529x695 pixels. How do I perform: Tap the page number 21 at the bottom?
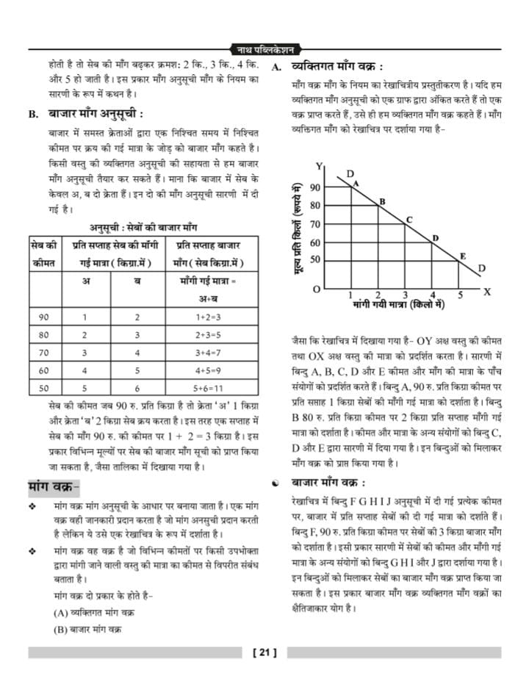click(x=263, y=652)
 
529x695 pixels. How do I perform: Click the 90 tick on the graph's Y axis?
click(x=314, y=187)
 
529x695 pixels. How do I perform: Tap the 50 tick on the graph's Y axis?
click(x=314, y=259)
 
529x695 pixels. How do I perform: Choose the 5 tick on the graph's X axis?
click(x=461, y=295)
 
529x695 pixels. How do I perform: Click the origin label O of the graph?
click(x=316, y=289)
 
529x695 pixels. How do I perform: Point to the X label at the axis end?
click(x=486, y=292)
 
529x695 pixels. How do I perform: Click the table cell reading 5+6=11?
click(x=208, y=389)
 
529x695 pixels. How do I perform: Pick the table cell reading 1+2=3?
click(x=208, y=317)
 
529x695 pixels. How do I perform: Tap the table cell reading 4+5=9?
click(x=208, y=371)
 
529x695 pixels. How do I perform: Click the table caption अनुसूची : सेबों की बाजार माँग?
click(x=143, y=227)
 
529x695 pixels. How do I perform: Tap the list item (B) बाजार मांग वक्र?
click(x=87, y=629)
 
